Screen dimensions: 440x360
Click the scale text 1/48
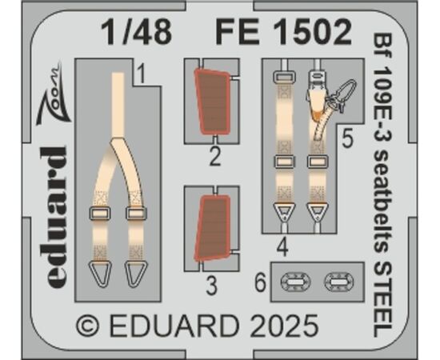[x=136, y=32]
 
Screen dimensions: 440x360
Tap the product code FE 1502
[x=283, y=32]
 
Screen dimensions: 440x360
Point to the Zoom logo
[x=53, y=92]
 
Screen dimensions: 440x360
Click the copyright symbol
[x=88, y=326]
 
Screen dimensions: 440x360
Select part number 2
[x=215, y=157]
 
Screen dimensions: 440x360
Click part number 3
[x=211, y=286]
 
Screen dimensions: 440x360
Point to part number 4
[x=282, y=247]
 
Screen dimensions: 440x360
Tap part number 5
[x=347, y=139]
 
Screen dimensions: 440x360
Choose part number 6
[x=260, y=282]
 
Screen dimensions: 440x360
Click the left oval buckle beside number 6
[x=296, y=282]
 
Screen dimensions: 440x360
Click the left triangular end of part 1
[x=100, y=274]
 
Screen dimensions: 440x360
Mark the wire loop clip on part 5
[x=342, y=93]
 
